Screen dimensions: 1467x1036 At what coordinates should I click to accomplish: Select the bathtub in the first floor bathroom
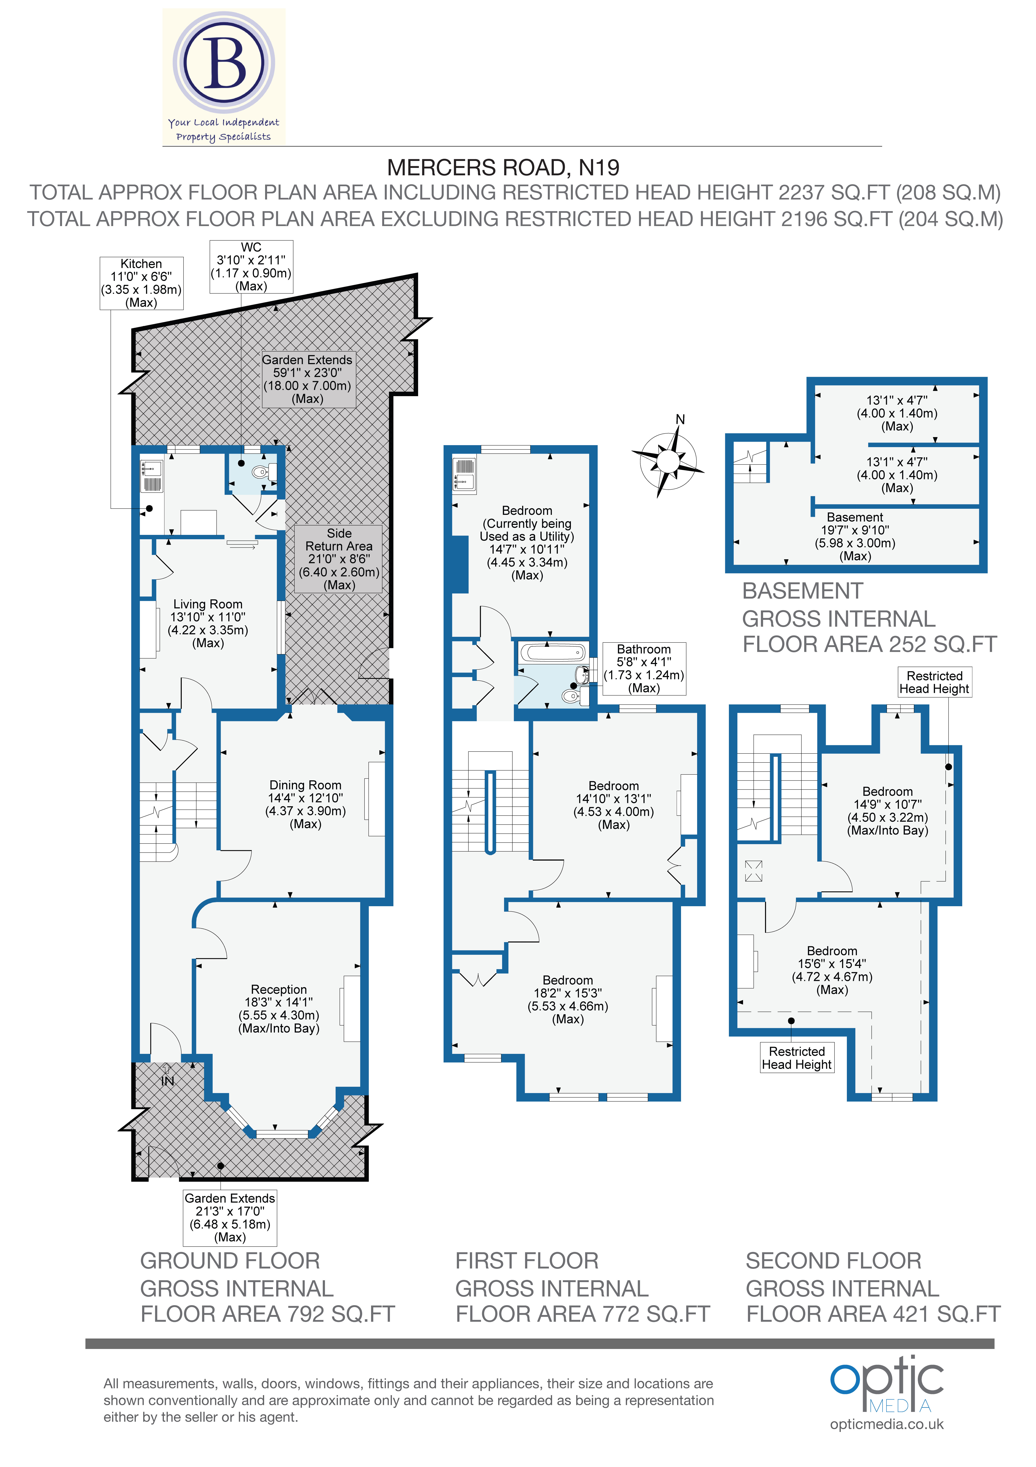552,652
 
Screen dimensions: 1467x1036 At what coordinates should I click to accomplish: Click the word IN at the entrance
167,1081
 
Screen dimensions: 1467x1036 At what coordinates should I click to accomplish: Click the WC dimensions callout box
251,266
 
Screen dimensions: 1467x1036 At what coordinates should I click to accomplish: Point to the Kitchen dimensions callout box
141,283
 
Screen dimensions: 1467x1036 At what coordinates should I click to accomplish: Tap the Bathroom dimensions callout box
644,668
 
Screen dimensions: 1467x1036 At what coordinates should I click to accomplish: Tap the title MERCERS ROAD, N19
503,167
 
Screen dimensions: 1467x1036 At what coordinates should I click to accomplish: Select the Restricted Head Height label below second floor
797,1057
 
